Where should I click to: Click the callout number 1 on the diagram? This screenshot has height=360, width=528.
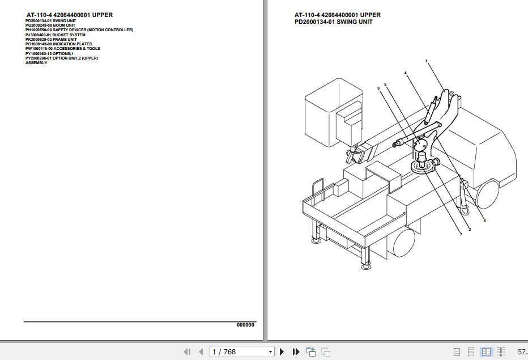[426, 61]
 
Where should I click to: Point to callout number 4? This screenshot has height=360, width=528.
[405, 73]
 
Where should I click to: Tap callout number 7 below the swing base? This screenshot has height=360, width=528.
[461, 234]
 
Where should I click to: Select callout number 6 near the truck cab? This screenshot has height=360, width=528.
[484, 221]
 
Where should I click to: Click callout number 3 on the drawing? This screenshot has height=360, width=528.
[378, 88]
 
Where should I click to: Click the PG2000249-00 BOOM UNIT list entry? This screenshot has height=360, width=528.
[50, 25]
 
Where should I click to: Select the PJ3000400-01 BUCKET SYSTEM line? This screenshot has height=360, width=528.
[56, 35]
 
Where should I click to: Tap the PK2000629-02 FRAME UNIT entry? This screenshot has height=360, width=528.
[51, 39]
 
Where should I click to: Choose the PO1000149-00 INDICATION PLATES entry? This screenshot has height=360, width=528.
[58, 44]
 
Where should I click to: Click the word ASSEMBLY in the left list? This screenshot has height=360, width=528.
[36, 62]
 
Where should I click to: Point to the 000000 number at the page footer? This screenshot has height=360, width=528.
[245, 325]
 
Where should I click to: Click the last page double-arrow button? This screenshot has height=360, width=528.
[296, 352]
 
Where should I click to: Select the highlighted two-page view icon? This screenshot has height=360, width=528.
[486, 352]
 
